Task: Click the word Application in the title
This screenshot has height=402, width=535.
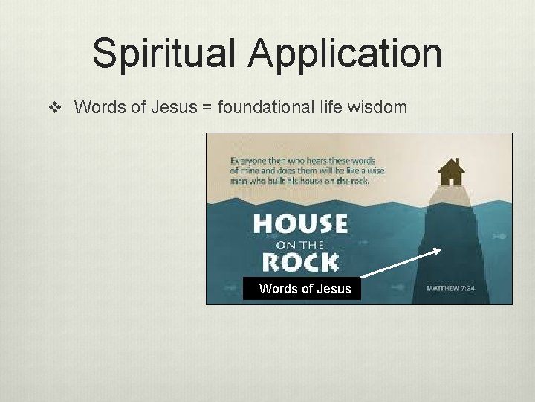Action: (346, 54)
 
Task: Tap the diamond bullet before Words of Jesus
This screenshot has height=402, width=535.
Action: (53, 108)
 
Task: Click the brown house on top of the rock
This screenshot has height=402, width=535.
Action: (450, 173)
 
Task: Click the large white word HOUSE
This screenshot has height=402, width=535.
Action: (300, 224)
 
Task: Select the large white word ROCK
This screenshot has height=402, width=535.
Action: (300, 262)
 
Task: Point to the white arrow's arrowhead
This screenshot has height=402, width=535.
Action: (436, 251)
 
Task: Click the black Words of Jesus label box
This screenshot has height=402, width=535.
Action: (302, 288)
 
